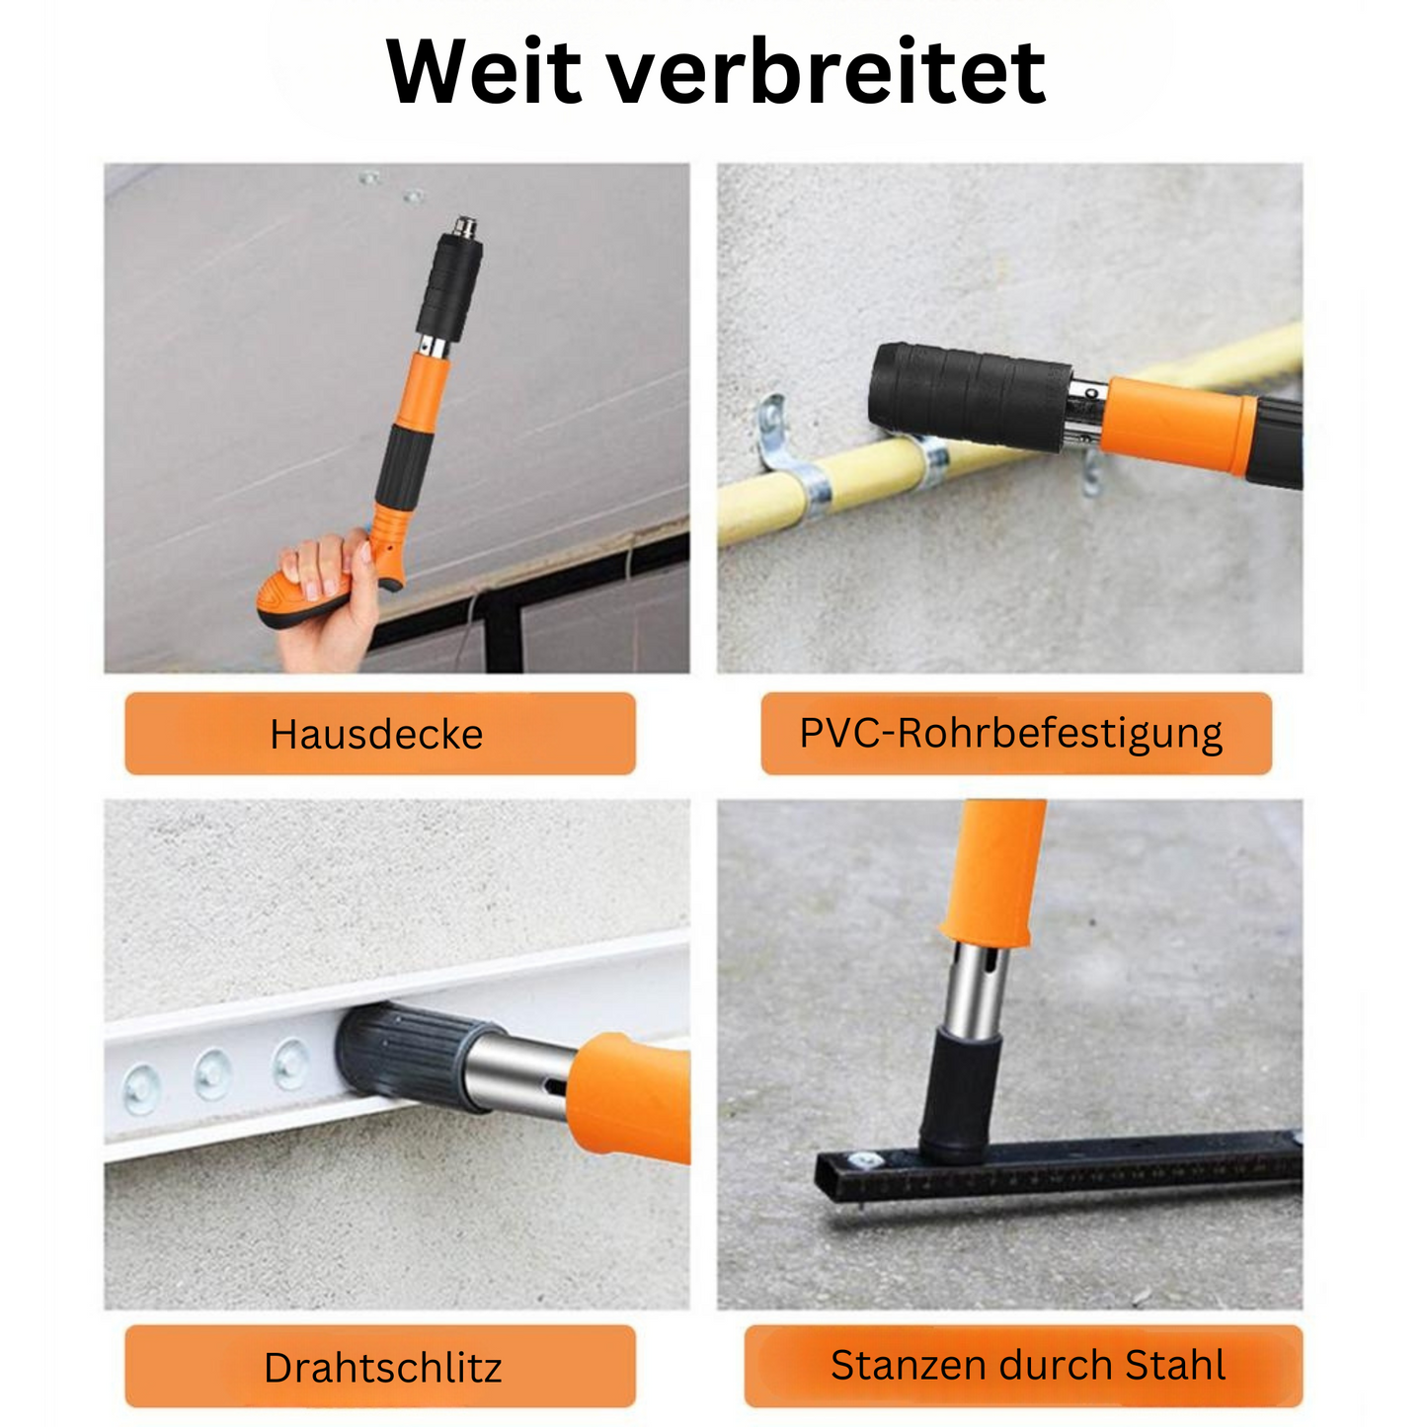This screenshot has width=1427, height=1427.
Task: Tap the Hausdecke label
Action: click(x=378, y=734)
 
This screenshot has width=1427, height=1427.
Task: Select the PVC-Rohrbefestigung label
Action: click(x=1012, y=734)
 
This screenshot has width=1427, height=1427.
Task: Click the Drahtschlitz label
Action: click(x=382, y=1368)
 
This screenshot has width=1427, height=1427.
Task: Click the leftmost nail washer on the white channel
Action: click(x=140, y=1090)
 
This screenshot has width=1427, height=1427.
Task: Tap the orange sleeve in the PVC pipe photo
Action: click(x=1175, y=425)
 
